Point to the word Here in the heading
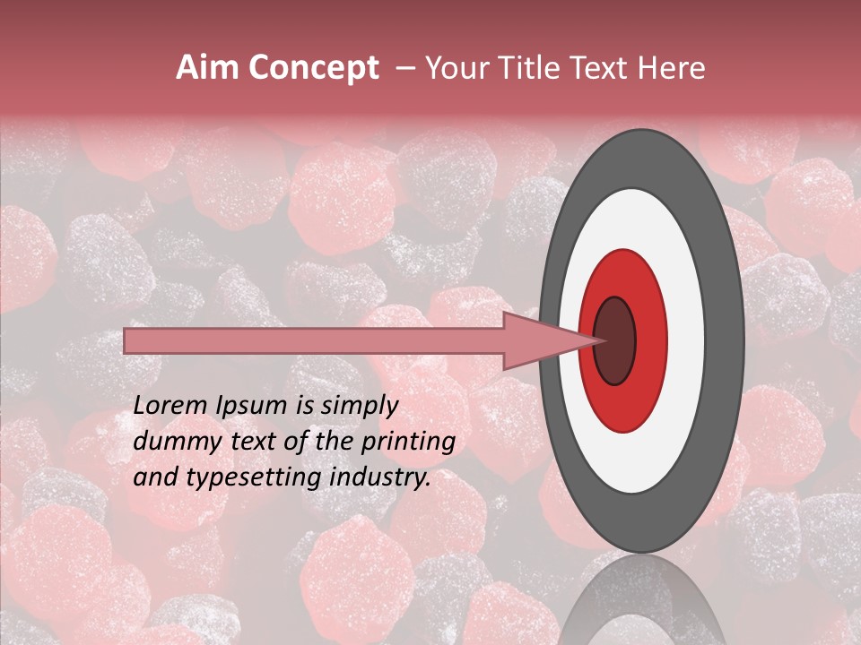tap(672, 68)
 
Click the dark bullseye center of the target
tap(614, 340)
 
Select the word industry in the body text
tap(379, 477)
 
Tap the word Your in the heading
tap(457, 68)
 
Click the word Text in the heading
tap(605, 68)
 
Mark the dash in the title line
tap(404, 68)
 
